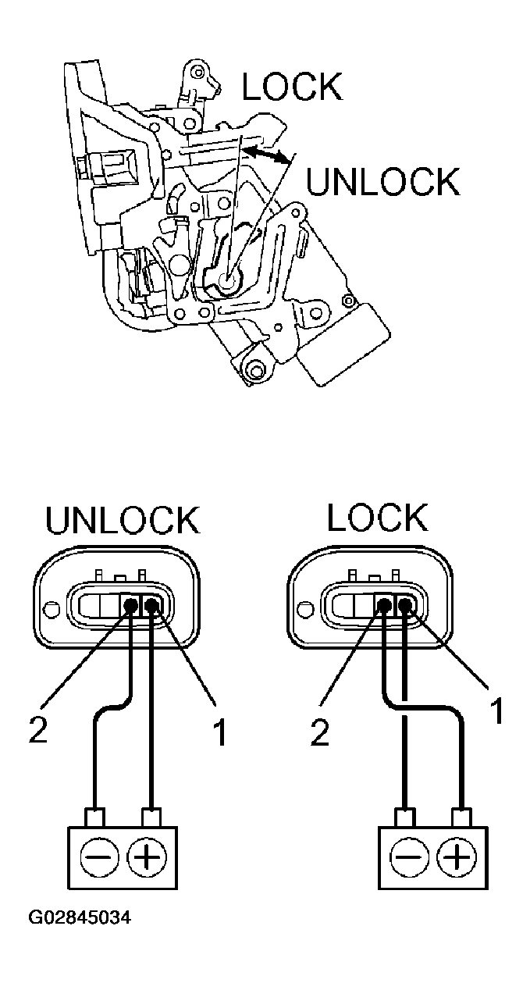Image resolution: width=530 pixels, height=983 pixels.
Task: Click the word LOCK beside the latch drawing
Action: (x=292, y=87)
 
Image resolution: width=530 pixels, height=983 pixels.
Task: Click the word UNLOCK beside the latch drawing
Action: (x=382, y=182)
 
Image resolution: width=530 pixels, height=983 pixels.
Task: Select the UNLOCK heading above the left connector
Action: (x=123, y=522)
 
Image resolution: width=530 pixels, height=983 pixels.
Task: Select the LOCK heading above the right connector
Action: (x=377, y=517)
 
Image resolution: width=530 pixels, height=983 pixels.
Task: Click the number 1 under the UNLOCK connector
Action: (x=220, y=732)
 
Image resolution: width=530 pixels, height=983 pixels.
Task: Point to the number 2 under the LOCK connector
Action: (x=320, y=732)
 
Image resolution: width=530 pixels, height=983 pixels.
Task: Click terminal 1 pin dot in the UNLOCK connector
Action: (x=151, y=604)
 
